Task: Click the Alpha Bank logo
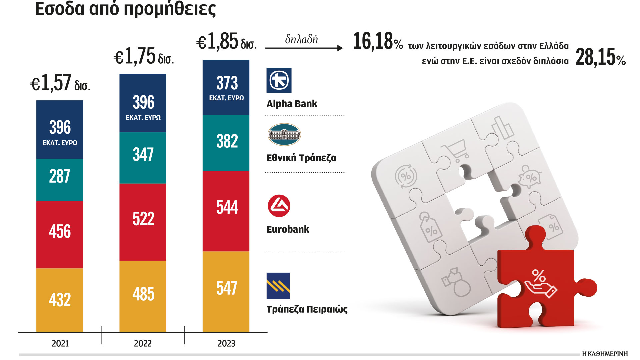click(279, 80)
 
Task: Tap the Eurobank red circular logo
click(279, 206)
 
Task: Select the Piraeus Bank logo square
click(278, 286)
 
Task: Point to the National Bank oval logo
click(284, 135)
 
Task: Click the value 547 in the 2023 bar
click(227, 288)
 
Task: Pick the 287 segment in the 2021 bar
click(60, 177)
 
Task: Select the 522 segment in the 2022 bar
click(143, 219)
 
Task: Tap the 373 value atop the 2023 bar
click(227, 83)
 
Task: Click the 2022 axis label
click(143, 343)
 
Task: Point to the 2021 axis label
click(60, 343)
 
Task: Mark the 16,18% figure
click(378, 42)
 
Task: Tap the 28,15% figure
click(600, 57)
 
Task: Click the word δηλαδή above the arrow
click(301, 39)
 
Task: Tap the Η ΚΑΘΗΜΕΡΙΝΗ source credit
click(605, 354)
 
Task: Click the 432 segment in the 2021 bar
click(60, 300)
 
